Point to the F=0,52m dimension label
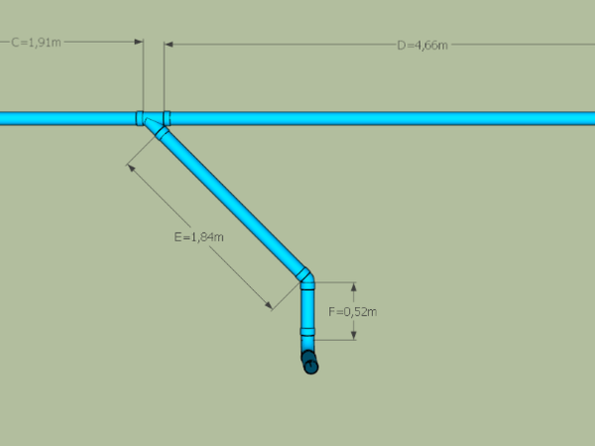click(x=352, y=311)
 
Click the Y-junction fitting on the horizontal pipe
click(x=153, y=120)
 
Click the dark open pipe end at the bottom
click(x=310, y=366)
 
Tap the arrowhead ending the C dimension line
click(x=140, y=43)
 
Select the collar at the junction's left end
click(x=140, y=118)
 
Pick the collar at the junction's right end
click(x=167, y=118)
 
